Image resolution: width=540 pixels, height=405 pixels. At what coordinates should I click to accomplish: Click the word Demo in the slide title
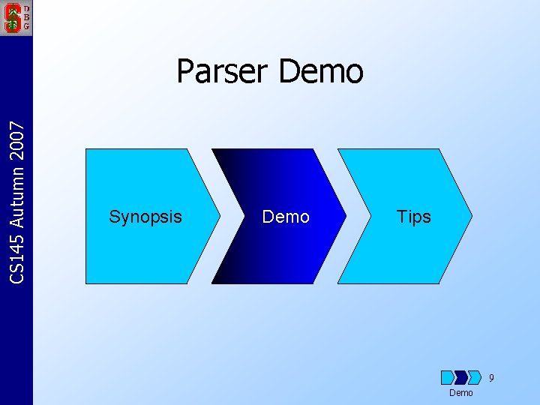[x=321, y=72]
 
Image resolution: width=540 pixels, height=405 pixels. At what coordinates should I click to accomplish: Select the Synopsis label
[x=145, y=217]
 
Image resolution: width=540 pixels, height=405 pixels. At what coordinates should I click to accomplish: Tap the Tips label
[x=413, y=217]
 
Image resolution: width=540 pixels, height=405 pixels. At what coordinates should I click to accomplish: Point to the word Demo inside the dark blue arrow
[x=286, y=217]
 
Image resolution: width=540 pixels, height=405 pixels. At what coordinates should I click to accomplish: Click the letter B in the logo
[x=26, y=16]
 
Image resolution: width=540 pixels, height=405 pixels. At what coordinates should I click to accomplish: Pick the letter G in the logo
[x=26, y=25]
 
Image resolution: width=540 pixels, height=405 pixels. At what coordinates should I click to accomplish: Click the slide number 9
[x=491, y=378]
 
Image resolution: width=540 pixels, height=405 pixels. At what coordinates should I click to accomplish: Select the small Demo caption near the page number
[x=460, y=393]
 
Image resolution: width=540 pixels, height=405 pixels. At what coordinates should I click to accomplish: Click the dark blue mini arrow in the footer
[x=461, y=377]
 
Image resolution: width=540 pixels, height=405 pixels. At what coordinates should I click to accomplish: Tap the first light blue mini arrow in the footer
[x=448, y=377]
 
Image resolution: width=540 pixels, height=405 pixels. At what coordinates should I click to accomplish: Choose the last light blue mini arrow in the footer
[x=475, y=377]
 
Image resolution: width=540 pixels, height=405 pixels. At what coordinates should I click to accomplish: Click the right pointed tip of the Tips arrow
[x=471, y=216]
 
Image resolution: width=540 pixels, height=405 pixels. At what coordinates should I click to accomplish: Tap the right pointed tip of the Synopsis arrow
[x=219, y=216]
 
